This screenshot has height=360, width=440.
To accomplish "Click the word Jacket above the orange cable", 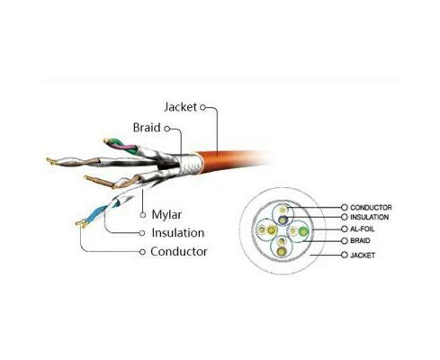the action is [180, 107].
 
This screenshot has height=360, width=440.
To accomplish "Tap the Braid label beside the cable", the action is [147, 128].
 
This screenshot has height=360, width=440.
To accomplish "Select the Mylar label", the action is [166, 215].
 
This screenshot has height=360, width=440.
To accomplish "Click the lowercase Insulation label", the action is [178, 233].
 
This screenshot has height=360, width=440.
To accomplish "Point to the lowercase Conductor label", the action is [179, 251].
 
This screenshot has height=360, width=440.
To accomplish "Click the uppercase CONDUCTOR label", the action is [371, 207].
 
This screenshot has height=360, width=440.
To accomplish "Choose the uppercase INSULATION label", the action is [369, 217].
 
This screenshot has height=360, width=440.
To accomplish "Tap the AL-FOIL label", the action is [363, 229].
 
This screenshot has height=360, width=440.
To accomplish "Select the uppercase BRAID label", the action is [360, 240].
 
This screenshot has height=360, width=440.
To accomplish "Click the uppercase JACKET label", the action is [363, 255].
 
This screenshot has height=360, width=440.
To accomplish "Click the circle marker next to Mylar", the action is [143, 215].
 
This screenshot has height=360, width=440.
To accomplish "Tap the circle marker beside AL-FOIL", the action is [345, 229].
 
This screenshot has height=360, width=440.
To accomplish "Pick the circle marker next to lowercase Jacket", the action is [202, 107].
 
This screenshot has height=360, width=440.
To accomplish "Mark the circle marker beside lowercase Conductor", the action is [142, 252].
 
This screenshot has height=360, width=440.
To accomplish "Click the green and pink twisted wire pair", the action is [121, 146].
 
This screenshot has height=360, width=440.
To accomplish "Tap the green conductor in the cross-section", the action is [303, 231].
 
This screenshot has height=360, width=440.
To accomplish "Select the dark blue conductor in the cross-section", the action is [283, 220].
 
